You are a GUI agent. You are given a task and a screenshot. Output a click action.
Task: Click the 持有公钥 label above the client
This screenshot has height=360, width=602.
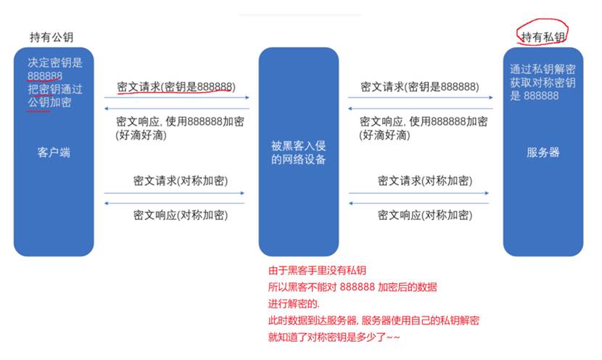tap(51, 36)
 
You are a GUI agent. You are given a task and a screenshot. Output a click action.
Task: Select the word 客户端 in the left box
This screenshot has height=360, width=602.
tap(54, 153)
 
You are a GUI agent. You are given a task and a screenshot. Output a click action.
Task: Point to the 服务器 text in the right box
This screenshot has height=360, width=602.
tap(543, 153)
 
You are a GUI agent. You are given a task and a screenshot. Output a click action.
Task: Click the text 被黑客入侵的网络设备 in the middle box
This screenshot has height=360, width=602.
tap(299, 153)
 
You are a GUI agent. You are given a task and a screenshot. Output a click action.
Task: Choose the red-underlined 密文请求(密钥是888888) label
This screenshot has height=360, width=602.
tap(176, 86)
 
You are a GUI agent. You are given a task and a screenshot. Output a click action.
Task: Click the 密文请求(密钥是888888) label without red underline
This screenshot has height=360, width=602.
tap(419, 86)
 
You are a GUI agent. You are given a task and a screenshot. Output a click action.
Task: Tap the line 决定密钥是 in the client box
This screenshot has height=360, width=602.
tap(55, 63)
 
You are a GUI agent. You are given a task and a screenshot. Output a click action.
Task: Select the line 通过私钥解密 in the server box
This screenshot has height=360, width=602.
tap(543, 70)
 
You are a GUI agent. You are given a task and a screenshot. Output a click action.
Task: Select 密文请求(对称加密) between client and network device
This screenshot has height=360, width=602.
tap(180, 180)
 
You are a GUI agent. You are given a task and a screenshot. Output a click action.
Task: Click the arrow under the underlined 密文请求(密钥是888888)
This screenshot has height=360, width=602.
tap(176, 97)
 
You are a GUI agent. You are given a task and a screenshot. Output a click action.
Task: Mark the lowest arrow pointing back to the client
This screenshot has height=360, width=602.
tap(174, 204)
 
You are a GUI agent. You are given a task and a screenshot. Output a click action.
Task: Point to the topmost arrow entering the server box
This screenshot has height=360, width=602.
tap(421, 97)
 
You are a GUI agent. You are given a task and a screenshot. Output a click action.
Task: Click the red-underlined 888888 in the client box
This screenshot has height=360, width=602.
tap(45, 76)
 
